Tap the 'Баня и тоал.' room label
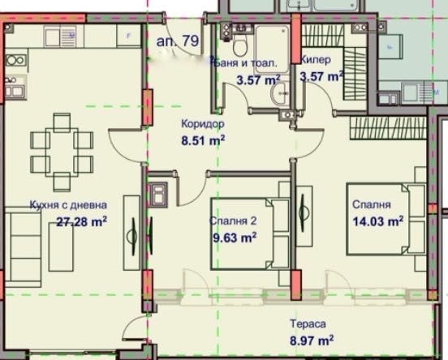click(246, 62)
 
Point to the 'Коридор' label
click(202, 124)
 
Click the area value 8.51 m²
click(203, 139)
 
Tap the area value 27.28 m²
click(82, 221)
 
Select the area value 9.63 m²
click(234, 237)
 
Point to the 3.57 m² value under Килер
click(321, 78)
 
